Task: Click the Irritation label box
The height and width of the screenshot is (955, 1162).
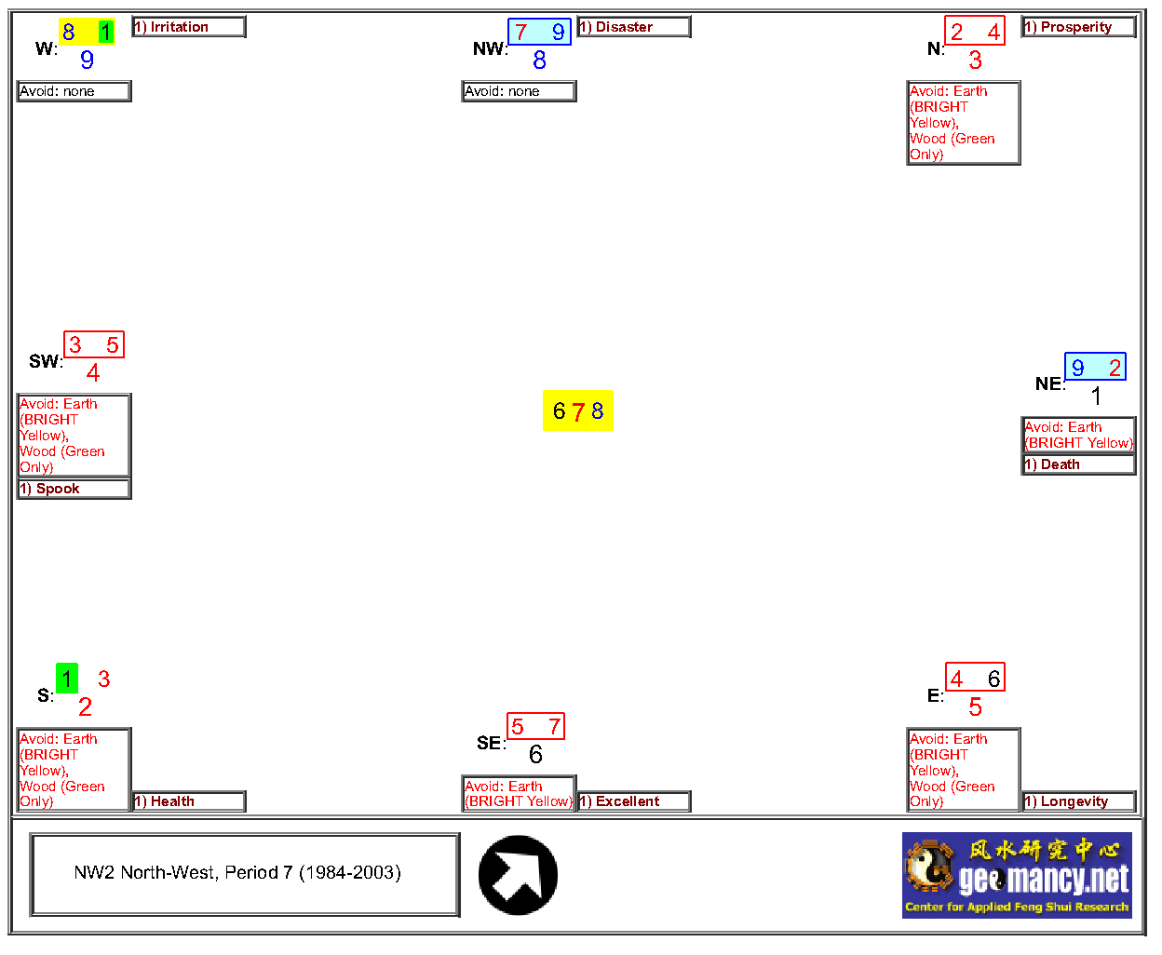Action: [189, 27]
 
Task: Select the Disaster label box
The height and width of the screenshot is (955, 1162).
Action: [634, 27]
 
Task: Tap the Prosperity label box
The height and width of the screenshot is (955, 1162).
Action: [1079, 27]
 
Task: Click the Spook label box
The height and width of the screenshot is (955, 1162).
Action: [74, 489]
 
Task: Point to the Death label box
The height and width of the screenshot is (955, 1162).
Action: [1079, 464]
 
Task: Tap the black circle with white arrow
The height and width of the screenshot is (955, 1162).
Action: [518, 875]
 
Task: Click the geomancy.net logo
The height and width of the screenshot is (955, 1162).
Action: [1017, 875]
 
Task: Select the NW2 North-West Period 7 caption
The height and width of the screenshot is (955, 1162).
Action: [245, 875]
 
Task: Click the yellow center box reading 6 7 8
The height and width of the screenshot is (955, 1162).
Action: [578, 410]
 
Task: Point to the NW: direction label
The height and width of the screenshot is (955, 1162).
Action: [491, 48]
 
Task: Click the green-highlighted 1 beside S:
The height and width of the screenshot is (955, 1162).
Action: [67, 679]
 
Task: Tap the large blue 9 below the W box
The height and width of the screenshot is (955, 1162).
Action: [87, 60]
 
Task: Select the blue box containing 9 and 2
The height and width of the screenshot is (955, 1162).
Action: [1095, 367]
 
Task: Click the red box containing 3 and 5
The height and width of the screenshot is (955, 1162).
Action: [94, 344]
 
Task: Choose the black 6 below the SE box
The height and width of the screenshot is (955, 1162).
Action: [535, 754]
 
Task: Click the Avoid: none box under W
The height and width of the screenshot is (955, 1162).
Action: [74, 91]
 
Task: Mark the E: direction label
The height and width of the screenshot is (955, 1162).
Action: [936, 695]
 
